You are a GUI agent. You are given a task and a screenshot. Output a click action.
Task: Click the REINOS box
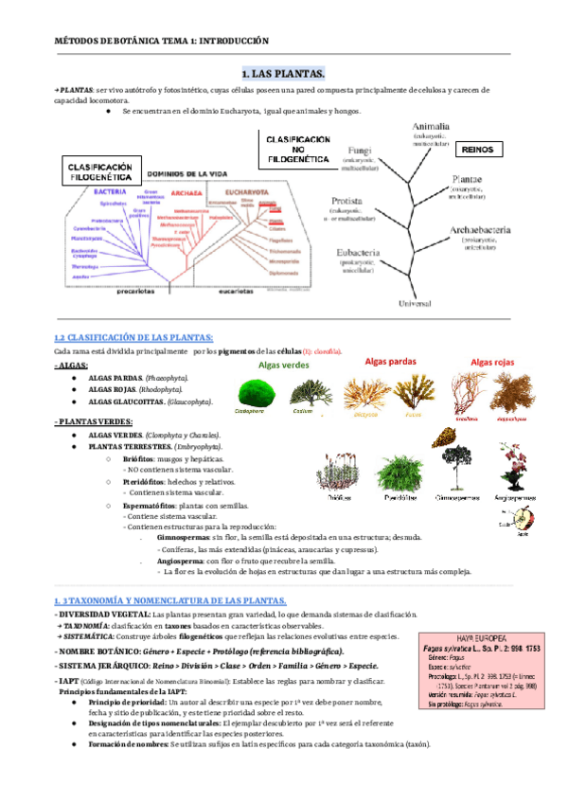pyautogui.click(x=482, y=150)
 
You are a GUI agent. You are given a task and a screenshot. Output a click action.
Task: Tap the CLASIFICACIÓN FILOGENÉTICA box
pyautogui.click(x=98, y=170)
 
